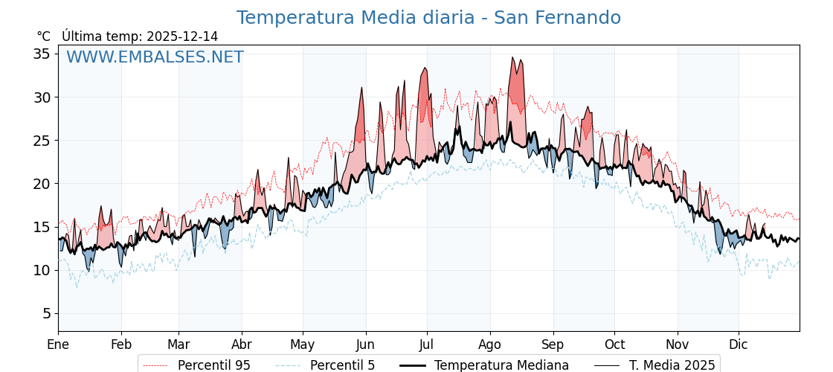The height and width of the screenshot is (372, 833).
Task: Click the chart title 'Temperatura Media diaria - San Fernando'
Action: coord(428,18)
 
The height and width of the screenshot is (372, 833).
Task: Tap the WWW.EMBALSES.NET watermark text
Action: coord(155,57)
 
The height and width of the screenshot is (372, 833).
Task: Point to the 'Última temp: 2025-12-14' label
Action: coord(140,36)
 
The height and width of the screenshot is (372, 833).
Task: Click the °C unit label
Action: coord(44,36)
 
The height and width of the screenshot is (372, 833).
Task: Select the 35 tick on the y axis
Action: coord(42,54)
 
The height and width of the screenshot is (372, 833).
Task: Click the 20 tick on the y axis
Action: coord(42,184)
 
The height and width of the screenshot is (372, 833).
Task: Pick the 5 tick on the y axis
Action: coord(46,313)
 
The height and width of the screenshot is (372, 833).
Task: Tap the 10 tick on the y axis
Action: coord(42,270)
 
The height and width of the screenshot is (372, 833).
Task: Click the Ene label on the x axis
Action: coord(58,345)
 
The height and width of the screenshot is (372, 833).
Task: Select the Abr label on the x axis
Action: coord(242,345)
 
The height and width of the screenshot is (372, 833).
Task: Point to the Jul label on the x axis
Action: coord(427,345)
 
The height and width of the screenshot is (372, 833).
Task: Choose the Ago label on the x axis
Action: coord(490,345)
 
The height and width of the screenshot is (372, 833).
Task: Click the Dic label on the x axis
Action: coord(739,345)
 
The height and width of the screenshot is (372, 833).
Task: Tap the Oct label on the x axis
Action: coord(614,345)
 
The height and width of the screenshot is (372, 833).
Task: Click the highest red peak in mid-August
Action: coord(512,57)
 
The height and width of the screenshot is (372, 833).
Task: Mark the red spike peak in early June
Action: coord(362,88)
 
